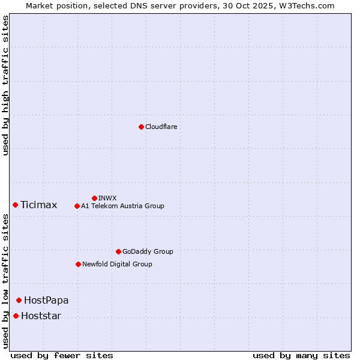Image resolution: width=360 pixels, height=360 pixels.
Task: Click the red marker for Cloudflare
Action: [141, 127]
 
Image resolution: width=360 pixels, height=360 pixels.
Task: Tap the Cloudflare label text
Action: [161, 127]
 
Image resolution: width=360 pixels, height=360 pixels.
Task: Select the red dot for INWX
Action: [94, 198]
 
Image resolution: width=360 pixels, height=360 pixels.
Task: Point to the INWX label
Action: [107, 198]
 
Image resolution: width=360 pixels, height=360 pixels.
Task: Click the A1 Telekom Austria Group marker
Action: [77, 206]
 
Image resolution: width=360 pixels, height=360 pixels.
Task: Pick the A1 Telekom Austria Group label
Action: [122, 206]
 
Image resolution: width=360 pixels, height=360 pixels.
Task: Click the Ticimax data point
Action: [15, 205]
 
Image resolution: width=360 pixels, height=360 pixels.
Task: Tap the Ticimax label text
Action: [38, 205]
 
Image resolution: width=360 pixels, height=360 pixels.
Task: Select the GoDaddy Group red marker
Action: [118, 251]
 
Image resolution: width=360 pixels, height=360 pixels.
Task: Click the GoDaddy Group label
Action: [148, 251]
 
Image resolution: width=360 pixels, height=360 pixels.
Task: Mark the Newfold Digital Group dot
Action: [78, 264]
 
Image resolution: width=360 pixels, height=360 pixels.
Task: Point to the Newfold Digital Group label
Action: [117, 264]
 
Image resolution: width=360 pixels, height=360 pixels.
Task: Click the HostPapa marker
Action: [19, 300]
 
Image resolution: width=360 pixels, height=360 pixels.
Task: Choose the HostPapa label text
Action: [46, 300]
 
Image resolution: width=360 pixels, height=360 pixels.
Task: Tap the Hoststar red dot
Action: [16, 316]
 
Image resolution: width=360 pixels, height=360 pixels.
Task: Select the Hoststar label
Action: [41, 316]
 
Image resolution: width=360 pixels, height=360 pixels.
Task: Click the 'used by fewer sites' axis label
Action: [62, 355]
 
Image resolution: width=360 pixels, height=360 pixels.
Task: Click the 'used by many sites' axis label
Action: [301, 355]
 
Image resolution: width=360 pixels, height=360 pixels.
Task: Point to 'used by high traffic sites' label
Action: [5, 85]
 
